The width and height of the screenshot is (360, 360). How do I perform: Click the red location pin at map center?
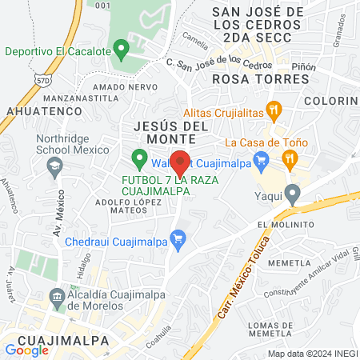pos(180,163)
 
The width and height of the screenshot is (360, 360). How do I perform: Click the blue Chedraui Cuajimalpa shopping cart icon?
pos(178,238)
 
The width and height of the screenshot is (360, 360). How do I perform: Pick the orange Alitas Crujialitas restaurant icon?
pos(274,110)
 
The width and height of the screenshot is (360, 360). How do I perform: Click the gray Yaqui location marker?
pos(293,193)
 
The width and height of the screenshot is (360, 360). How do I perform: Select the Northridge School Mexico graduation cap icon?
pos(54,167)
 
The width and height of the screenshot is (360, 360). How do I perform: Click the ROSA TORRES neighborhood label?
pos(249,80)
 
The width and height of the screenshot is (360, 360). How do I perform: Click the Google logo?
pos(26,350)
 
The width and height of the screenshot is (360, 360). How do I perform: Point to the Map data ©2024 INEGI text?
pos(311,354)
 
